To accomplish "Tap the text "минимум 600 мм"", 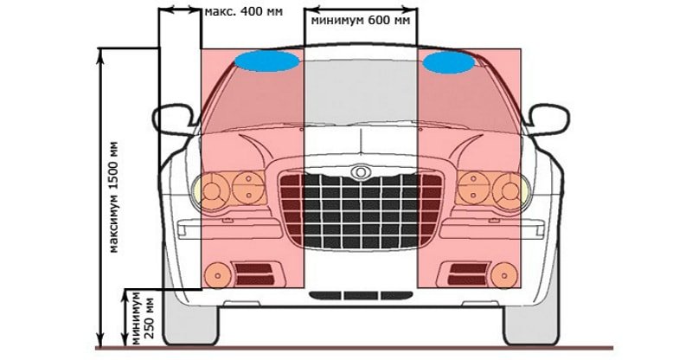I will click(x=361, y=20).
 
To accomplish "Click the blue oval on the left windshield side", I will click(x=266, y=61).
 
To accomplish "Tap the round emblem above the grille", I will click(x=359, y=171).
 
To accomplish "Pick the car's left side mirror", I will click(x=172, y=119).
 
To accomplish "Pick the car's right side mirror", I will click(x=548, y=119).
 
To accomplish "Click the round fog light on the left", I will click(x=215, y=276).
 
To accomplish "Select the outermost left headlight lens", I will click(x=211, y=186).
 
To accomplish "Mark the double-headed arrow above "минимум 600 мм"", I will click(x=361, y=8).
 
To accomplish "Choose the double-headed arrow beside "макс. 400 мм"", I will click(x=180, y=10).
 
